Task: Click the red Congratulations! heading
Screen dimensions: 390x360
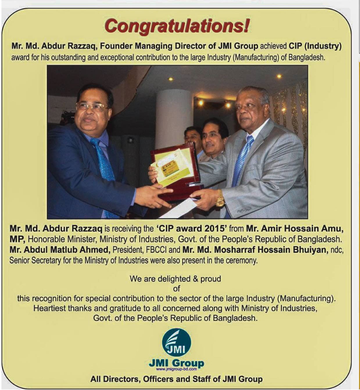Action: [177, 26]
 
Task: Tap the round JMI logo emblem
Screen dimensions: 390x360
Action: [176, 343]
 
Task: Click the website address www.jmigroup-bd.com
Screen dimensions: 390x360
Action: [176, 369]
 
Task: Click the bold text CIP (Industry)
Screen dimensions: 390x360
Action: [315, 46]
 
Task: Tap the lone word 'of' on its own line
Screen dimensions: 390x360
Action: [176, 289]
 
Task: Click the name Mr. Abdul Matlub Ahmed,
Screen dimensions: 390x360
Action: [60, 250]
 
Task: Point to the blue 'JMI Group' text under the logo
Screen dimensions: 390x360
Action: [176, 363]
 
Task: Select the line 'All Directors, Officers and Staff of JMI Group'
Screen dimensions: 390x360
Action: [176, 379]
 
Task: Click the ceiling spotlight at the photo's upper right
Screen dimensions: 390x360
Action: [279, 76]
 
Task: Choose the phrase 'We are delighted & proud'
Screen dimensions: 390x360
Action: [175, 279]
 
